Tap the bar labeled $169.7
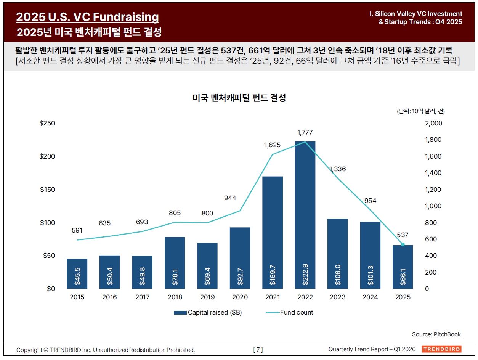point(273,232)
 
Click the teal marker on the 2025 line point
point(403,244)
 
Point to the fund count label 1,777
point(305,132)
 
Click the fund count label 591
point(77,230)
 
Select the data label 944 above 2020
point(230,198)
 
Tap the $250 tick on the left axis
point(48,123)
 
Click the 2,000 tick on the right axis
point(433,123)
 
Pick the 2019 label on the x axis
point(207,297)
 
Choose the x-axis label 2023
point(337,297)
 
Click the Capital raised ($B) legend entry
point(208,312)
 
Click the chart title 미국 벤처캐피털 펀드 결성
point(239,98)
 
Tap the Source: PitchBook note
point(436,334)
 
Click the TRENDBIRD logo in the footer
point(441,349)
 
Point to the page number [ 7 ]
point(258,350)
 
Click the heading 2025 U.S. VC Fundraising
point(88,17)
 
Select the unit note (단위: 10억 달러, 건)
point(420,111)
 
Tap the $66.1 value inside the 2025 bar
point(403,275)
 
